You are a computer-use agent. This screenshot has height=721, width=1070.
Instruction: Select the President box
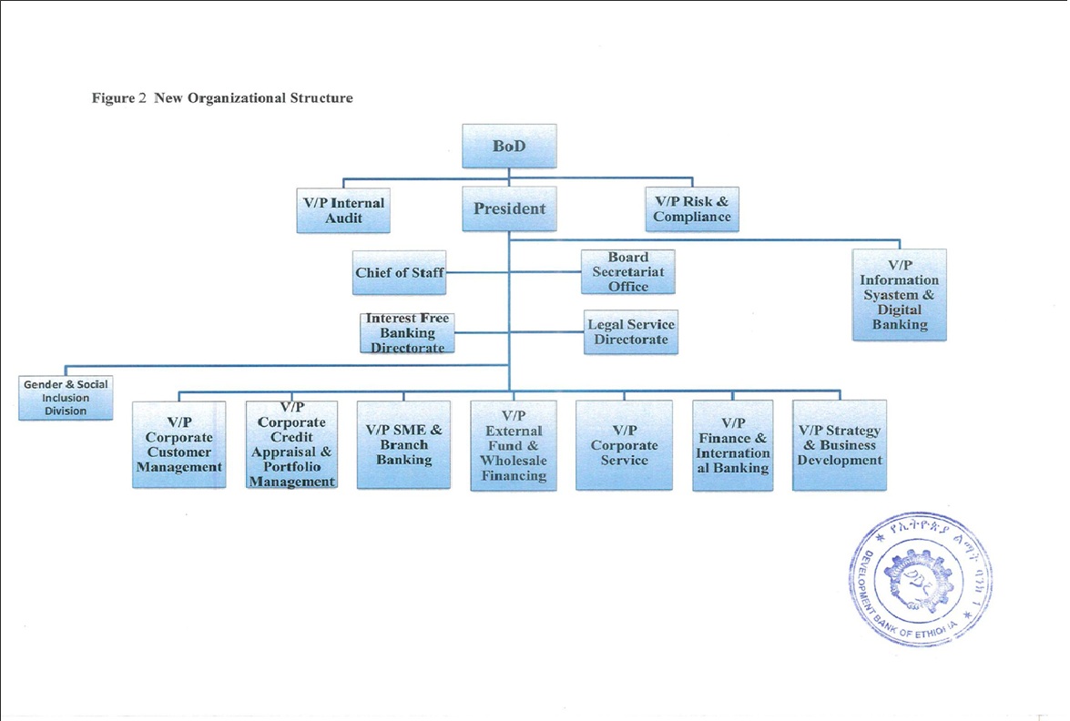coord(509,209)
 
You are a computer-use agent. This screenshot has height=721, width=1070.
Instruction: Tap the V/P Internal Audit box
coord(344,210)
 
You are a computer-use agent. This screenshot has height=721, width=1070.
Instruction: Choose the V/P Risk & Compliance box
coord(691,209)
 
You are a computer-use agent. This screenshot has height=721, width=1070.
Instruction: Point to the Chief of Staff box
coord(400,272)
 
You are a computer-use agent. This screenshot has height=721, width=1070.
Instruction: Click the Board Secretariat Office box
coord(628,272)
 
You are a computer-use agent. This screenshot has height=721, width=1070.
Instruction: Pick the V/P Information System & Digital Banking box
coord(899,295)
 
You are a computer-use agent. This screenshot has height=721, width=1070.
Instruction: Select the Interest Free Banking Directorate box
coord(407,333)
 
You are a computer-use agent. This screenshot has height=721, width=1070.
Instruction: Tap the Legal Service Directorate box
coord(630,332)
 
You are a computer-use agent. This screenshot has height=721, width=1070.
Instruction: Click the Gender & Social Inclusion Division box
coord(66,398)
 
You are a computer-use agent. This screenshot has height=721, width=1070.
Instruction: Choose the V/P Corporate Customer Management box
coord(178,444)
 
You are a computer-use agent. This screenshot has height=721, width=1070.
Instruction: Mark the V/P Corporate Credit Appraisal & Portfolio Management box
coord(291,444)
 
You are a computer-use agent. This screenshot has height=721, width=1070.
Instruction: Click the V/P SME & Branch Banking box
coord(403,444)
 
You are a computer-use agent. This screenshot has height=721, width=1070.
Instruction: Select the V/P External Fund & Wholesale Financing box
coord(514,445)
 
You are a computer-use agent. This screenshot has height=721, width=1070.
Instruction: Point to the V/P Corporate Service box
coord(624,445)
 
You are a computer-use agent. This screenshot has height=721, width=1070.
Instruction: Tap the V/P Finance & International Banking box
coord(732,445)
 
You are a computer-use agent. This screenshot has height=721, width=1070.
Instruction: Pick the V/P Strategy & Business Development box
coord(839,444)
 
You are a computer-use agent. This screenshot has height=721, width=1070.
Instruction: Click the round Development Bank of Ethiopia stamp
coord(922,578)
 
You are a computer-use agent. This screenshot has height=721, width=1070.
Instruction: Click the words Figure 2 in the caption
coord(119,97)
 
